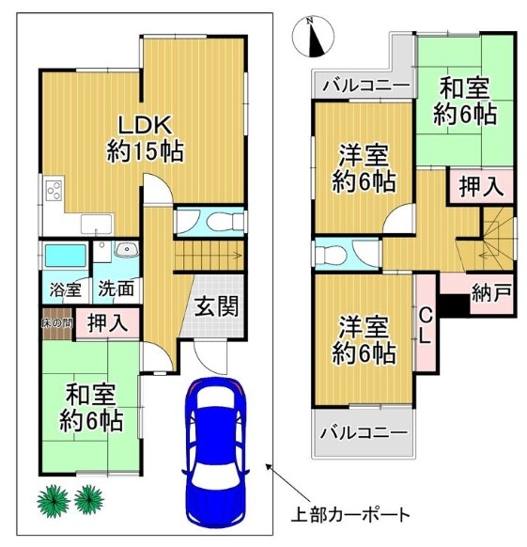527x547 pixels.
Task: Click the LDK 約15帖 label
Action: pos(145,139)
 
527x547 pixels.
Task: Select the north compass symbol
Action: pos(313,37)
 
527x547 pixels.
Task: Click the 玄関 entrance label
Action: pos(216,306)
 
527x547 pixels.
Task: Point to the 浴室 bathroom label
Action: pos(65,289)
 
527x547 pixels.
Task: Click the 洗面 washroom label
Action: pos(116,289)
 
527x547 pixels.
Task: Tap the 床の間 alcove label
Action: pos(57,323)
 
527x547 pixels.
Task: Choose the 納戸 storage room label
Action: pos(491,292)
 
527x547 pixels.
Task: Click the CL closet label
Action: pos(426,327)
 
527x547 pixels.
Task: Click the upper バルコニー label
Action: pos(365,85)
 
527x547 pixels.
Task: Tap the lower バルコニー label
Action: pos(364,433)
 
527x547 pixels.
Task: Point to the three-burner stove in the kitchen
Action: pos(54,191)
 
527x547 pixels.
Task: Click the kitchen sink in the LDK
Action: pos(98,224)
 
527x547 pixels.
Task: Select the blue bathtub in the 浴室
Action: pos(66,256)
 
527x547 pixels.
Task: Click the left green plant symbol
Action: pos(54,501)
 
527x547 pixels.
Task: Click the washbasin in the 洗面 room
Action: pos(126,249)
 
